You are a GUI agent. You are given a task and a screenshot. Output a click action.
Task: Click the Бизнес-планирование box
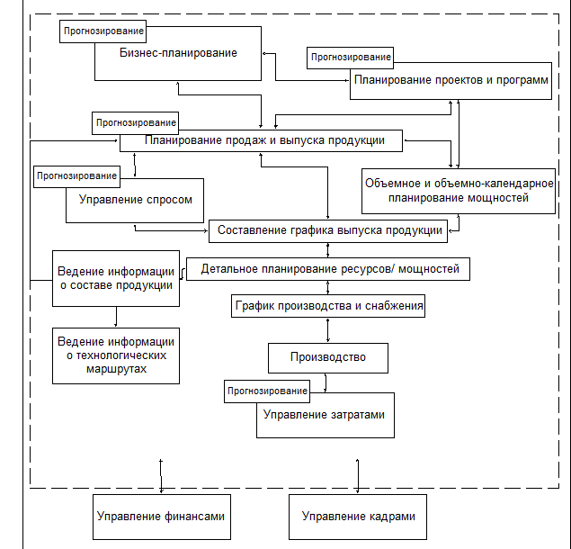tap(178, 53)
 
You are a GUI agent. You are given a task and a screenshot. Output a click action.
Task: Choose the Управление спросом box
tap(135, 200)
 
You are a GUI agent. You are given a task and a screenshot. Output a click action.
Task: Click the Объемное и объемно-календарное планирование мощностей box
tap(458, 191)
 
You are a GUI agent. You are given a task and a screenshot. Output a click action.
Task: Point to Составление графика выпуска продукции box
tap(329, 230)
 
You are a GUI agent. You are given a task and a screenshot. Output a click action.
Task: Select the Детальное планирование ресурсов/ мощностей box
tap(329, 268)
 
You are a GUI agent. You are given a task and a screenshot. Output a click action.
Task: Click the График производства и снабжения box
tap(329, 306)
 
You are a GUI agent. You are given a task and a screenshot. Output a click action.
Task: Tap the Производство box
tap(328, 357)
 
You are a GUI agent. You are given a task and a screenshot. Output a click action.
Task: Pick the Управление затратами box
tap(325, 415)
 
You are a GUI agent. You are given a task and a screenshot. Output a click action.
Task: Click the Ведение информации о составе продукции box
tap(115, 278)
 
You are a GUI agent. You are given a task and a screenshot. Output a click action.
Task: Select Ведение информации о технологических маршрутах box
tap(115, 355)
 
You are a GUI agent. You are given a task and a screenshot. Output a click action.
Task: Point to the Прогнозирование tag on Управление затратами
tap(267, 391)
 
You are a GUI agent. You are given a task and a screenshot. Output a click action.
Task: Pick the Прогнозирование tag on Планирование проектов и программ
tap(350, 58)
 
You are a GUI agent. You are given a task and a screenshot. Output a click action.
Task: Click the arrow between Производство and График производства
tap(328, 330)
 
